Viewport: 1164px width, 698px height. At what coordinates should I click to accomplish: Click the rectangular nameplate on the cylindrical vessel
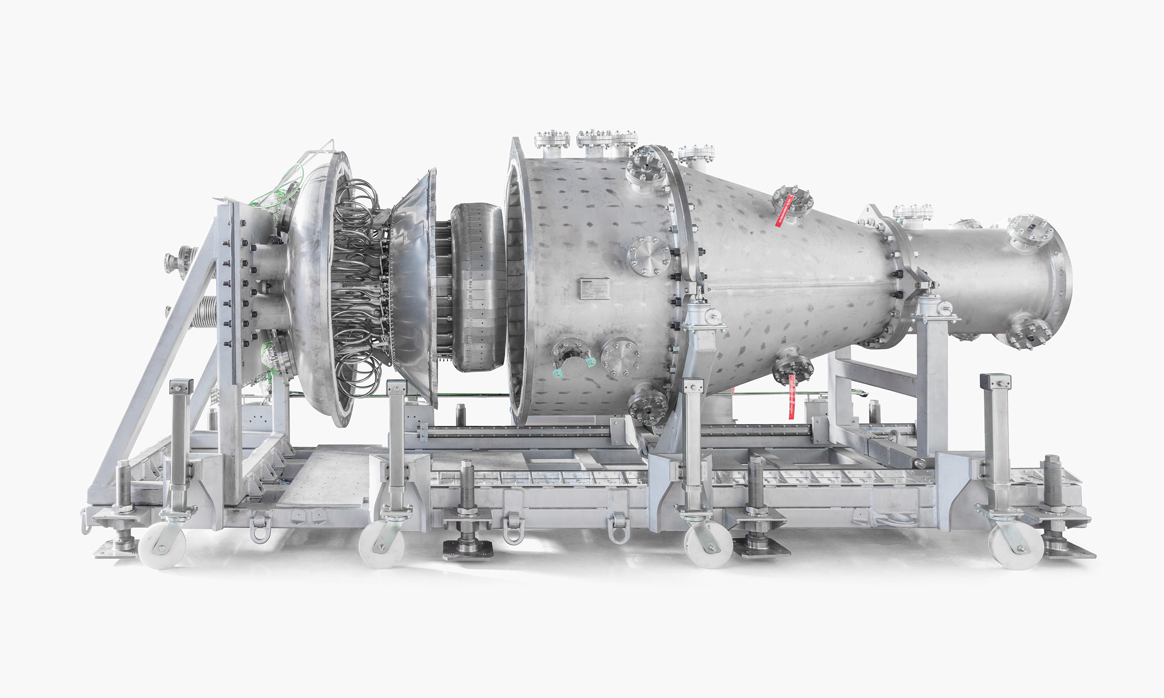click(594, 289)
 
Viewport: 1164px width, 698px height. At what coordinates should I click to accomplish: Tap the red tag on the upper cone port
click(785, 212)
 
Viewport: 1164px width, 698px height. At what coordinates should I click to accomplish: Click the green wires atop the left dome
click(277, 188)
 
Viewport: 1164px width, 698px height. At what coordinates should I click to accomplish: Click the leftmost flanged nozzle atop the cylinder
click(552, 141)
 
